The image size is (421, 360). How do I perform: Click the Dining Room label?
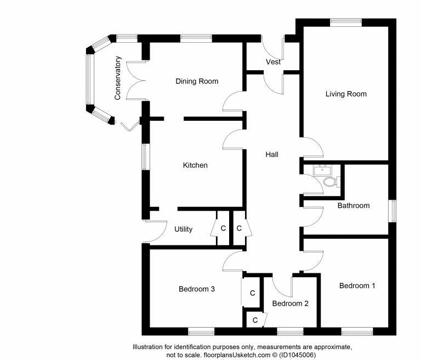(196, 81)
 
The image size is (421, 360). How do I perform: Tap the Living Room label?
(345, 94)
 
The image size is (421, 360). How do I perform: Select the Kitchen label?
(195, 165)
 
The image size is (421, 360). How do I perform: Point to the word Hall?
(272, 155)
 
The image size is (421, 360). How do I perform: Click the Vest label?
(273, 62)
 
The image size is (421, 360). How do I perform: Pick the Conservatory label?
(117, 78)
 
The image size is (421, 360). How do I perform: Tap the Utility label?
(183, 229)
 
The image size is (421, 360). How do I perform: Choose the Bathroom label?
(353, 206)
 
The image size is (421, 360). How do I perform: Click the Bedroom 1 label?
(357, 286)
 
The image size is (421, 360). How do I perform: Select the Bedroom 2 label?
(291, 303)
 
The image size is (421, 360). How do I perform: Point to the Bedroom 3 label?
(196, 289)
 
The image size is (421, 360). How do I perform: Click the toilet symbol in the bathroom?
(329, 182)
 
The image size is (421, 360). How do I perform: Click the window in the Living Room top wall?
(345, 22)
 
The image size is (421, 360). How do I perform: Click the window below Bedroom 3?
(201, 331)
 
